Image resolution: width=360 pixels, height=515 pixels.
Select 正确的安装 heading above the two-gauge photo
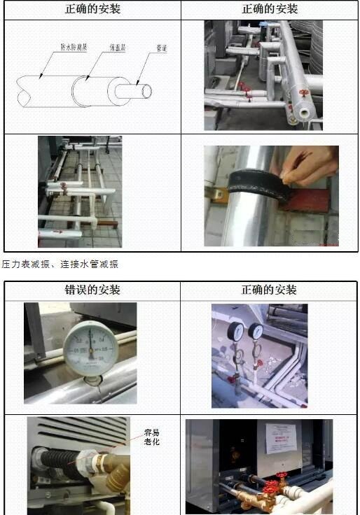(x=269, y=290)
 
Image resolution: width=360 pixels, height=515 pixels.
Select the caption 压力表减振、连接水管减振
(x=60, y=264)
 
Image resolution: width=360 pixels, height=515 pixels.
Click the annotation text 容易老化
(x=152, y=437)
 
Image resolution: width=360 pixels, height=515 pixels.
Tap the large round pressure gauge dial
(x=90, y=346)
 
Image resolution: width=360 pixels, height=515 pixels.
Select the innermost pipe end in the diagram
(x=145, y=92)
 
